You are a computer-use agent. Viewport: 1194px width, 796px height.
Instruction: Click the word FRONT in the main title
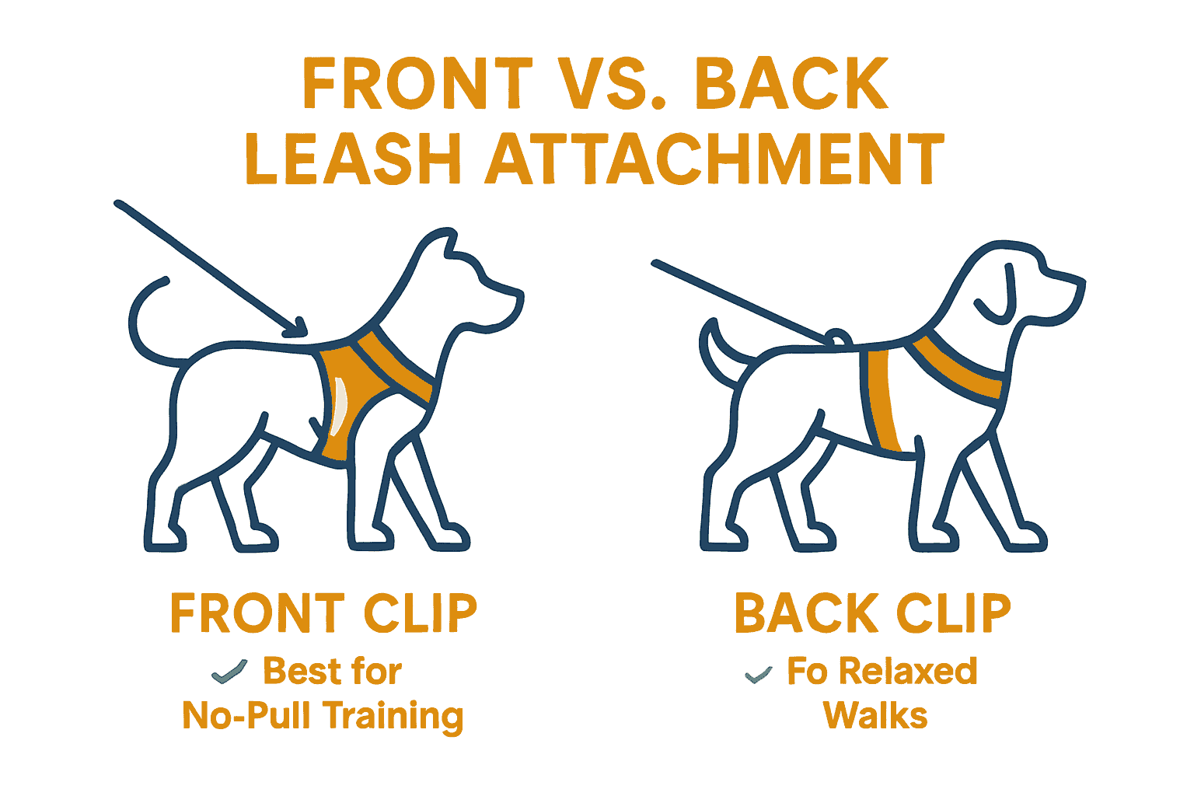tap(417, 83)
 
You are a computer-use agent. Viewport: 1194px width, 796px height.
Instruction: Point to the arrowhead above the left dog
tap(295, 330)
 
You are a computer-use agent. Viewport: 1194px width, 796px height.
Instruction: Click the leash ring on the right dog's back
tap(837, 338)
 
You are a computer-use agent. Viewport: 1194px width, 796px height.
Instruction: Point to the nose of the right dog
tap(1081, 285)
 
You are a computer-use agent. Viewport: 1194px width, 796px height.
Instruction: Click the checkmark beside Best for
tap(229, 671)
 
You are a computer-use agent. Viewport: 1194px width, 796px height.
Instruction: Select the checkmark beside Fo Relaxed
tap(758, 675)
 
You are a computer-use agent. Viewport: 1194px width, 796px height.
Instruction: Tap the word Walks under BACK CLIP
tap(875, 715)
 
